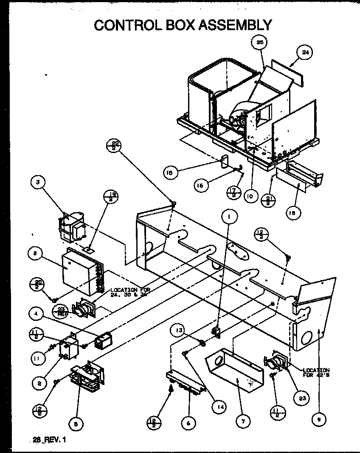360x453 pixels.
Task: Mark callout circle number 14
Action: click(x=219, y=405)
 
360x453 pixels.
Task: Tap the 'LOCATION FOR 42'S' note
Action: click(x=316, y=373)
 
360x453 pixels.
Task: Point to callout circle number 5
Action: click(x=77, y=423)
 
